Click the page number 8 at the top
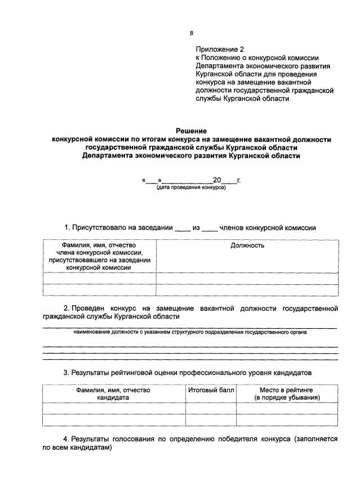191,33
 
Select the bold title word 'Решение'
190,131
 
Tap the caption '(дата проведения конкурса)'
191,187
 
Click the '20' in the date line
217,180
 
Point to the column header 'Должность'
247,245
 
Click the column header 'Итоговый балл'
211,390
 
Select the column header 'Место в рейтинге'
287,390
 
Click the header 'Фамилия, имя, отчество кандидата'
113,394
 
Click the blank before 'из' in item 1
183,229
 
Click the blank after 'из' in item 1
210,229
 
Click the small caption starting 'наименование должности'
190,332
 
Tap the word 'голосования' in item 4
133,437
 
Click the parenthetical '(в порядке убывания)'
287,398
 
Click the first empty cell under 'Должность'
247,278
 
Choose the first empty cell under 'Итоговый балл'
211,408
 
